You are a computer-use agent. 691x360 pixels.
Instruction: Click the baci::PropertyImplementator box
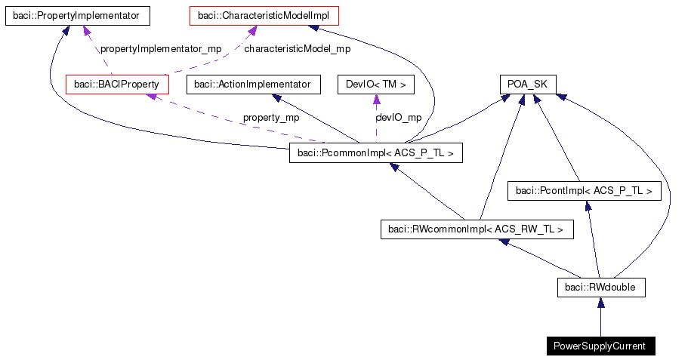(x=77, y=15)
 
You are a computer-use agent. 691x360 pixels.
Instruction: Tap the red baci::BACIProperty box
(x=117, y=85)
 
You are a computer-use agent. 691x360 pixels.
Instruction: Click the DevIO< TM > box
(x=375, y=85)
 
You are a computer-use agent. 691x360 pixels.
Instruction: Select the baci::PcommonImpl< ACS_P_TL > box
(x=376, y=154)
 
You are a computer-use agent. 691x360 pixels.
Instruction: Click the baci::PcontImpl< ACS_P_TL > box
(x=585, y=191)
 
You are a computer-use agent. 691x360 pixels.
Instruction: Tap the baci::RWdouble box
(x=600, y=287)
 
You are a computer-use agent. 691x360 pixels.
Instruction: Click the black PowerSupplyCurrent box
(x=600, y=346)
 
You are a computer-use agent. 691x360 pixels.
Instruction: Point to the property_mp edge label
(x=270, y=118)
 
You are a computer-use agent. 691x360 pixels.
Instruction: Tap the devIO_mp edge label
(x=398, y=118)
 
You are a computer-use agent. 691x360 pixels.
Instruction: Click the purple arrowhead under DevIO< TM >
(x=375, y=100)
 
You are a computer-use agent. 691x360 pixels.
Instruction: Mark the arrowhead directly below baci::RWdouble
(x=600, y=303)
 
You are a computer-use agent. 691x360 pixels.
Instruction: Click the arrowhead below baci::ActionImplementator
(x=278, y=99)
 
